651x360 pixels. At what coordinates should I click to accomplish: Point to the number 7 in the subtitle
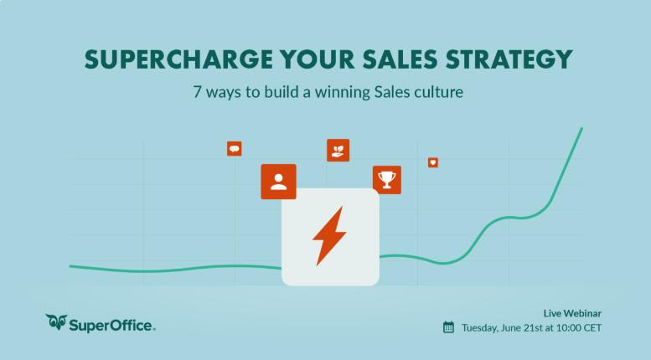(x=197, y=92)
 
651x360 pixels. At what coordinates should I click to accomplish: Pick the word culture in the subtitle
(x=438, y=92)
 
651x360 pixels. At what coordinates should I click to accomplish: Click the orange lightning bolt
(x=329, y=235)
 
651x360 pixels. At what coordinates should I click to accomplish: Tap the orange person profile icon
(x=278, y=182)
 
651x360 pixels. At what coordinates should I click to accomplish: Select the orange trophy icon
(x=386, y=179)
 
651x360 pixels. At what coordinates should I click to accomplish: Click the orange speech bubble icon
(x=235, y=149)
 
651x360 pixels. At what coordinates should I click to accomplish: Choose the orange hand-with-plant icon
(x=338, y=150)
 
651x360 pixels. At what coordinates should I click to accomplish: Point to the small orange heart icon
(x=433, y=162)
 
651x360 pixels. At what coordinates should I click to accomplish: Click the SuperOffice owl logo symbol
(x=57, y=322)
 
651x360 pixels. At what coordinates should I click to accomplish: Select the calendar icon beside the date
(x=448, y=327)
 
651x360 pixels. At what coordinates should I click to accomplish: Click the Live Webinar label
(x=572, y=313)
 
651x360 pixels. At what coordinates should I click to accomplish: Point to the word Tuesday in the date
(x=481, y=327)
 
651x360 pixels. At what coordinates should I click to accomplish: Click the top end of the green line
(x=581, y=129)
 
